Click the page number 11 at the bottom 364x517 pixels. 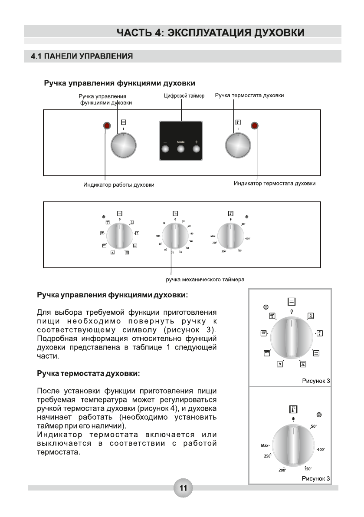183,488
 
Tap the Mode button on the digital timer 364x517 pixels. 180,149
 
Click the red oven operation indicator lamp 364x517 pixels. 107,126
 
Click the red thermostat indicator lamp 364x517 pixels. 254,126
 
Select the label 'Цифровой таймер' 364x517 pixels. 184,95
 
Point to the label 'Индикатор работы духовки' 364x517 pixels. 119,185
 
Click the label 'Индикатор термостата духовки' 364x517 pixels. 274,184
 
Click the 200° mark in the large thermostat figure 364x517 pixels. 282,470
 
